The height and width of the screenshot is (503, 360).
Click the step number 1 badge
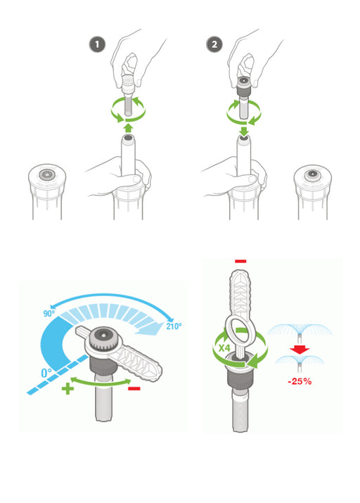coord(97,44)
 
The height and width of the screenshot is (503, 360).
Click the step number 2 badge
coord(214,44)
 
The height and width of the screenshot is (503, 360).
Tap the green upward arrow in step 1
coord(128,128)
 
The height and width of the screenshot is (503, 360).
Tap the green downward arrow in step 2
coord(244,131)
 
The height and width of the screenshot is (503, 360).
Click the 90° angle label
coord(49,313)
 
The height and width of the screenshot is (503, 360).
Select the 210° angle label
coord(174,326)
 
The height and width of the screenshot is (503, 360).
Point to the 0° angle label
coord(46,373)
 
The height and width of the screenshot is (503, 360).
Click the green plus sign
coord(67,388)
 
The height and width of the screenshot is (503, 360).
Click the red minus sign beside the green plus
coord(134,388)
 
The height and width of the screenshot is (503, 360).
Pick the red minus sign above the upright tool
coord(240,261)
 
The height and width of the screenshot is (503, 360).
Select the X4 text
coord(224,348)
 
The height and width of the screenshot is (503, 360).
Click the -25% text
coord(300,381)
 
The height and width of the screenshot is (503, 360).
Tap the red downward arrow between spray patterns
coord(300,350)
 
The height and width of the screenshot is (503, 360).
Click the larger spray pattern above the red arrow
coord(300,333)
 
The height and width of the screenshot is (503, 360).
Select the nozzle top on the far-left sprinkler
coord(47,175)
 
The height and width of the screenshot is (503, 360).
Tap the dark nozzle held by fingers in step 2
coord(243,85)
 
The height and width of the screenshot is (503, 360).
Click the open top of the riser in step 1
coord(128,139)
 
